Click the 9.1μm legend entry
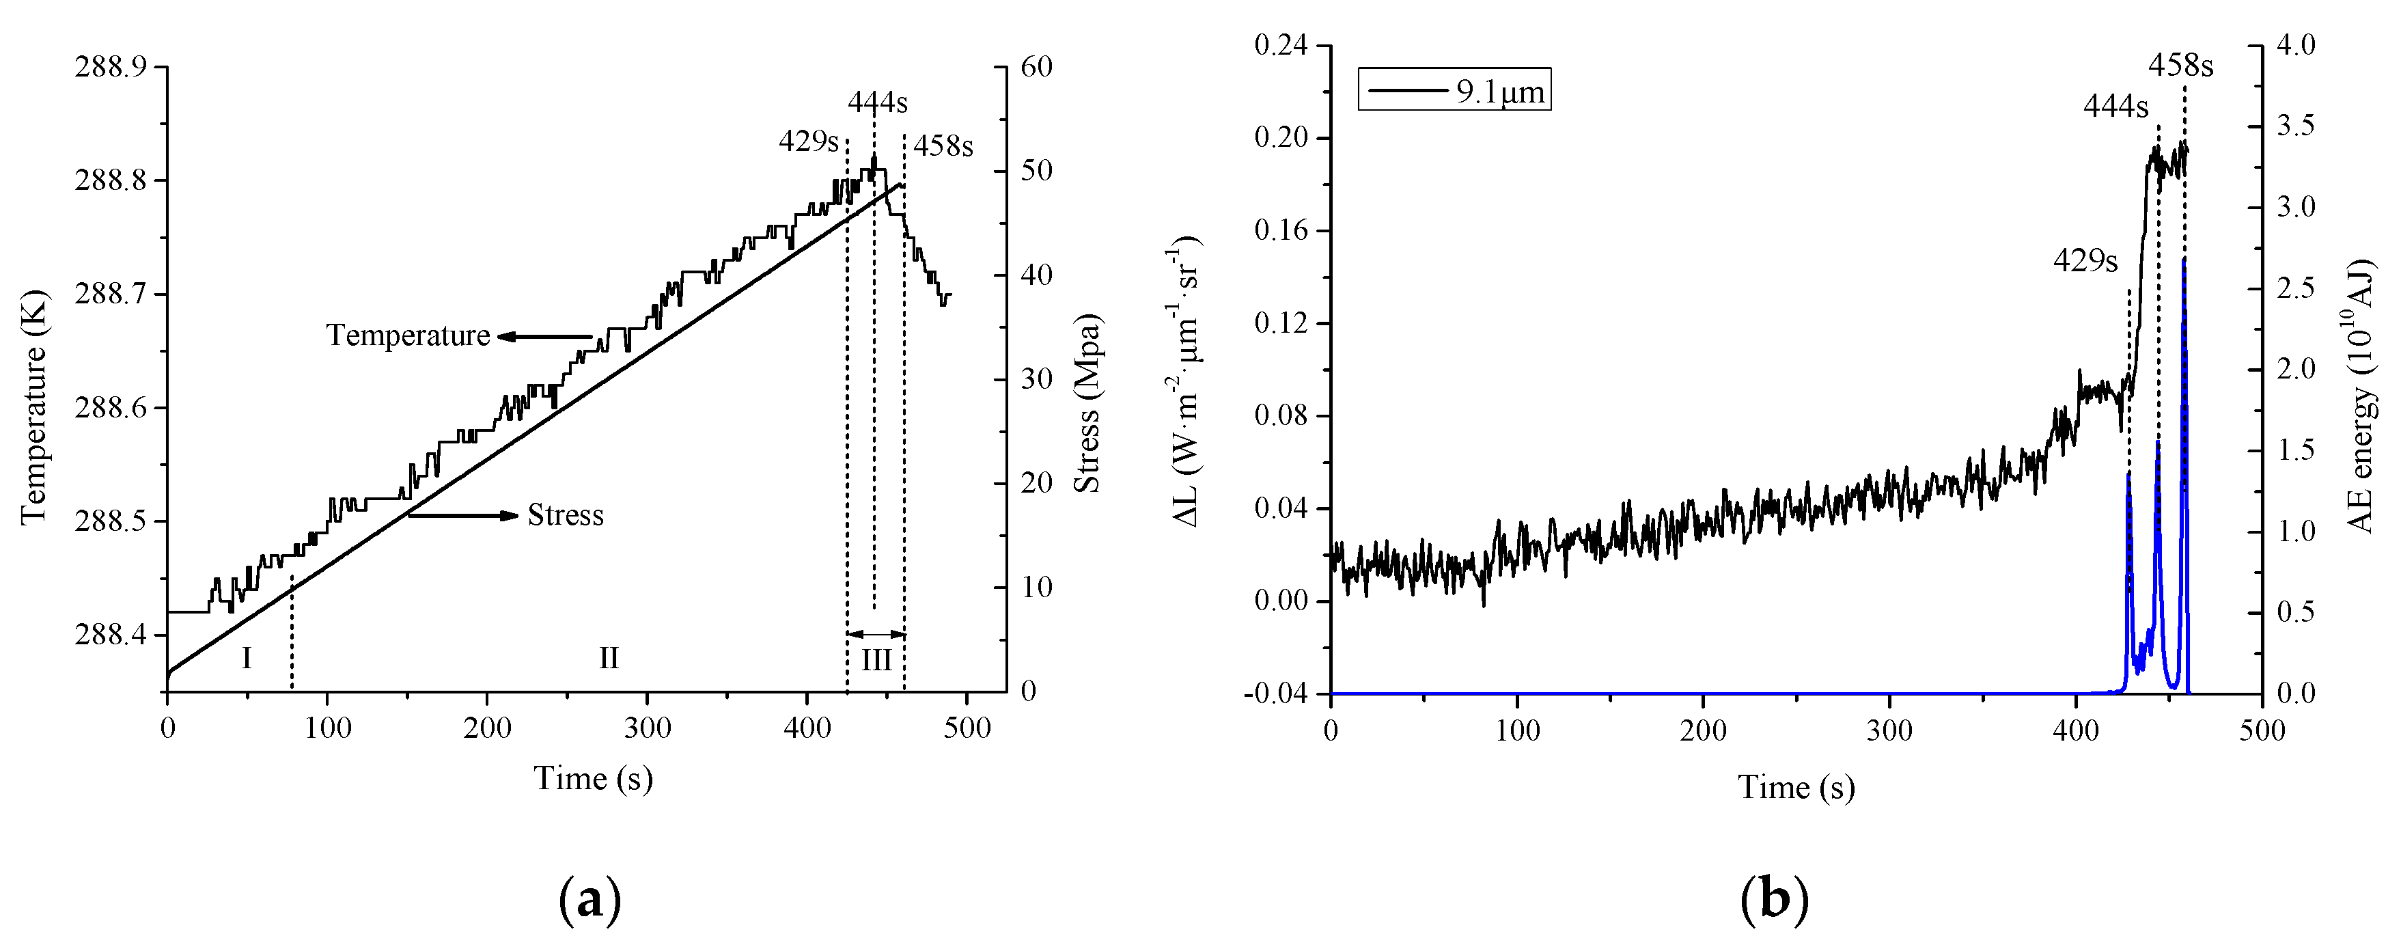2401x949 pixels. pos(1454,92)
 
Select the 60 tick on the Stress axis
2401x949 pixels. pos(1036,67)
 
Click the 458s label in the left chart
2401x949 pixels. pos(943,146)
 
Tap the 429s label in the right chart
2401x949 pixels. pos(2085,261)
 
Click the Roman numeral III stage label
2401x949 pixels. pos(876,660)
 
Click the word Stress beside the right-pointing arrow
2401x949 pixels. pos(565,516)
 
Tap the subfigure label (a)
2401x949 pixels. pos(590,900)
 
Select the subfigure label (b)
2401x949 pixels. pos(1774,900)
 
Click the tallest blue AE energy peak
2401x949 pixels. pos(2184,263)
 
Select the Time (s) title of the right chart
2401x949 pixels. pos(1796,788)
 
